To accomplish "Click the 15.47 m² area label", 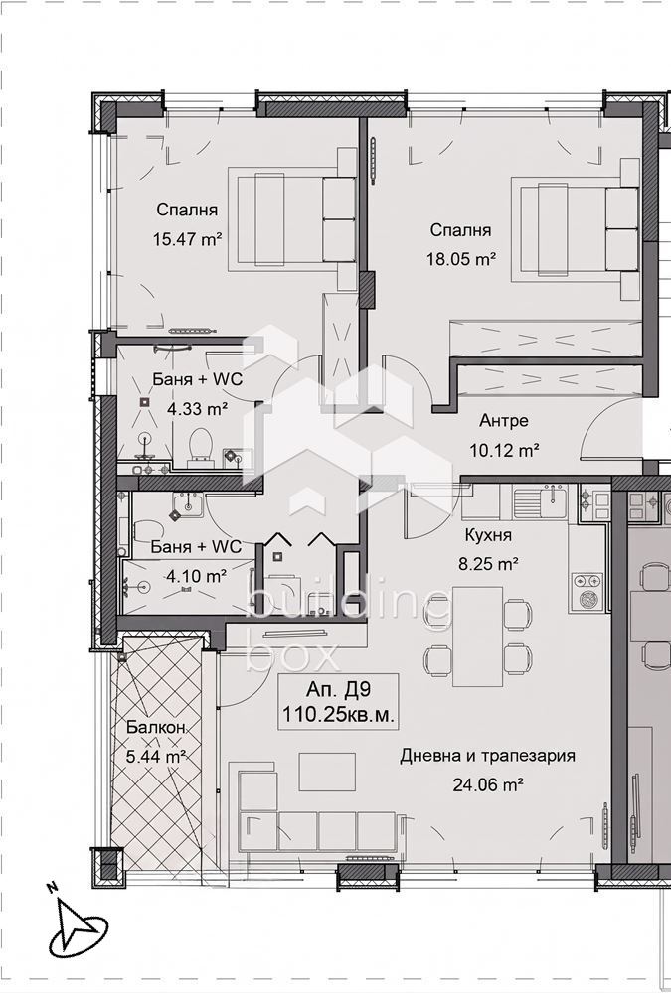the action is (187, 239).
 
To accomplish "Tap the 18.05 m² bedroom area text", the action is (461, 259).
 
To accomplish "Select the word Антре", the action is (504, 420).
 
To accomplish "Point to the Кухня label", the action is (488, 535).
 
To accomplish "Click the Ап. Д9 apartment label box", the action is (338, 702).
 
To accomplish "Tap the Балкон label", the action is (155, 728).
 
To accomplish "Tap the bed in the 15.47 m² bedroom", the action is (296, 219).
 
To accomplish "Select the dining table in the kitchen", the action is (477, 637).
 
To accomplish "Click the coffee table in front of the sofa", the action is (327, 772).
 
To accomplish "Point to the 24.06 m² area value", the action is (488, 785).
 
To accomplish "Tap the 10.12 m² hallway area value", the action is (504, 450).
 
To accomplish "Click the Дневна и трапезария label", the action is (488, 756).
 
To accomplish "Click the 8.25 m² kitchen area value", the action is (489, 564).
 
